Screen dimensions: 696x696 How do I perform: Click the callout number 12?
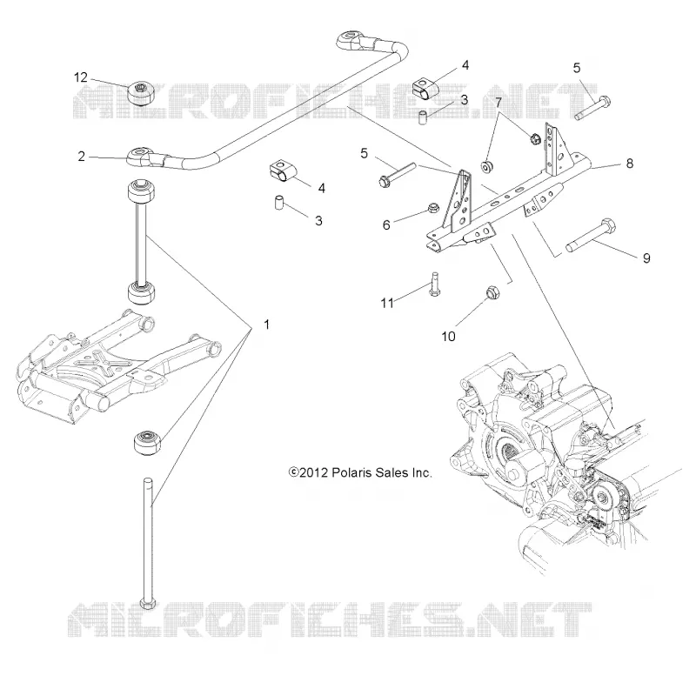click(x=80, y=77)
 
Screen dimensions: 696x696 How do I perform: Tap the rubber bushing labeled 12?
click(x=141, y=94)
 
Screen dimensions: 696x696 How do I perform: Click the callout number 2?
click(x=81, y=157)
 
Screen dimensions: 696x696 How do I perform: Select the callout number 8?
click(x=629, y=164)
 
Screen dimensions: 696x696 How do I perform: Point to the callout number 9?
click(x=646, y=258)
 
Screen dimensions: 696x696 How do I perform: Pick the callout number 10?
click(x=448, y=337)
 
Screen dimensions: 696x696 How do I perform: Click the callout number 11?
click(x=387, y=303)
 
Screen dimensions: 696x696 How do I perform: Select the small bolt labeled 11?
click(x=434, y=284)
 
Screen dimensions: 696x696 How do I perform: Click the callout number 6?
click(x=386, y=225)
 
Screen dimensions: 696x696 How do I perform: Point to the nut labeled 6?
click(x=432, y=207)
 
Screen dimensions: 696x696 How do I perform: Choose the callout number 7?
click(x=499, y=103)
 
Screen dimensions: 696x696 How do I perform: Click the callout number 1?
click(x=266, y=325)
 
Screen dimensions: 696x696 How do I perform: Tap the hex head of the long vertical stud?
click(x=147, y=604)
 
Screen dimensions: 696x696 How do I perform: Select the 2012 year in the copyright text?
click(x=313, y=472)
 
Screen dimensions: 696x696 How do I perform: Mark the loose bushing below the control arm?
click(x=149, y=442)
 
